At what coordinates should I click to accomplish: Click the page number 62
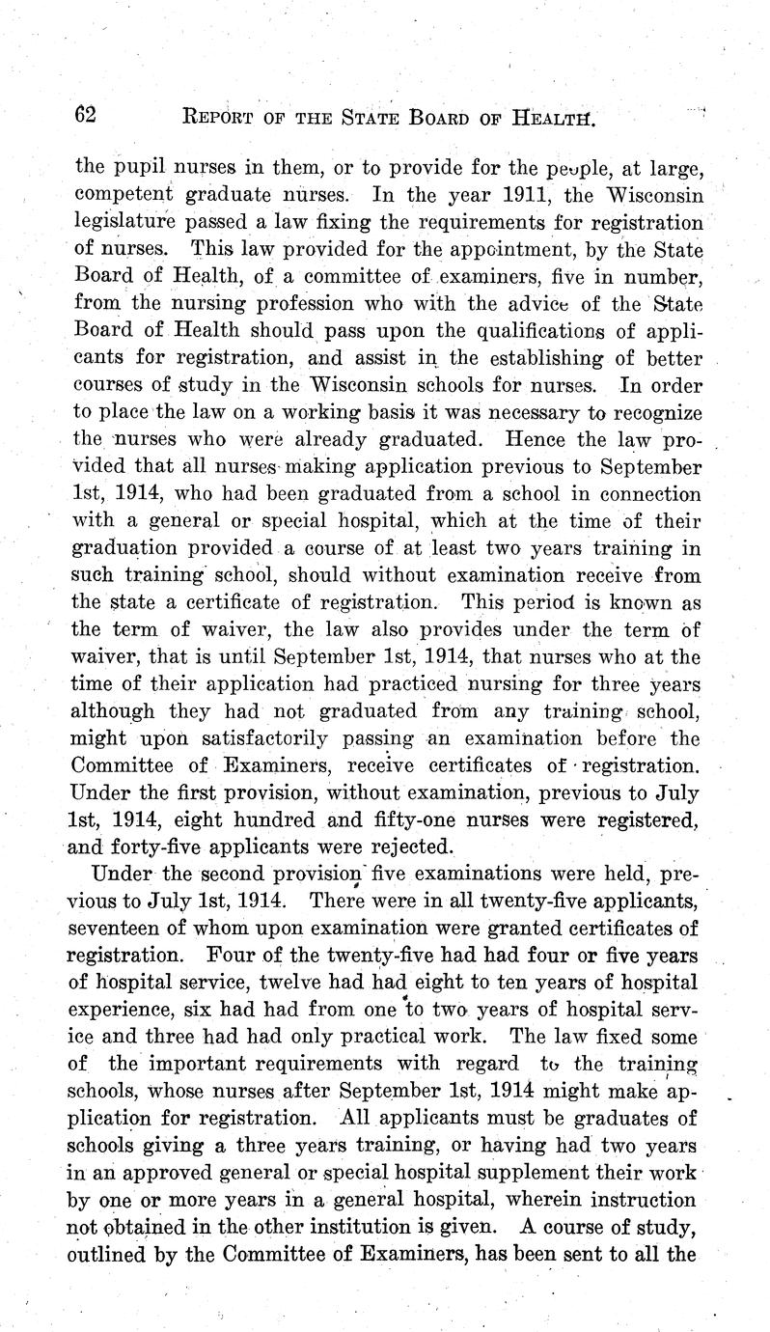tap(86, 115)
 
